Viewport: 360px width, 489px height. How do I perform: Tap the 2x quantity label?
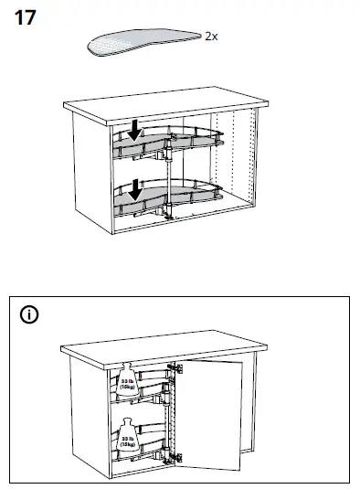[211, 36]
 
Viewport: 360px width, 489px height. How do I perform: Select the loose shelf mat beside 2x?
[142, 40]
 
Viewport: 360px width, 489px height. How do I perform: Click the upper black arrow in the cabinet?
[135, 131]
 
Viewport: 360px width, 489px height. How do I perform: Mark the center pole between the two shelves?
[172, 174]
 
